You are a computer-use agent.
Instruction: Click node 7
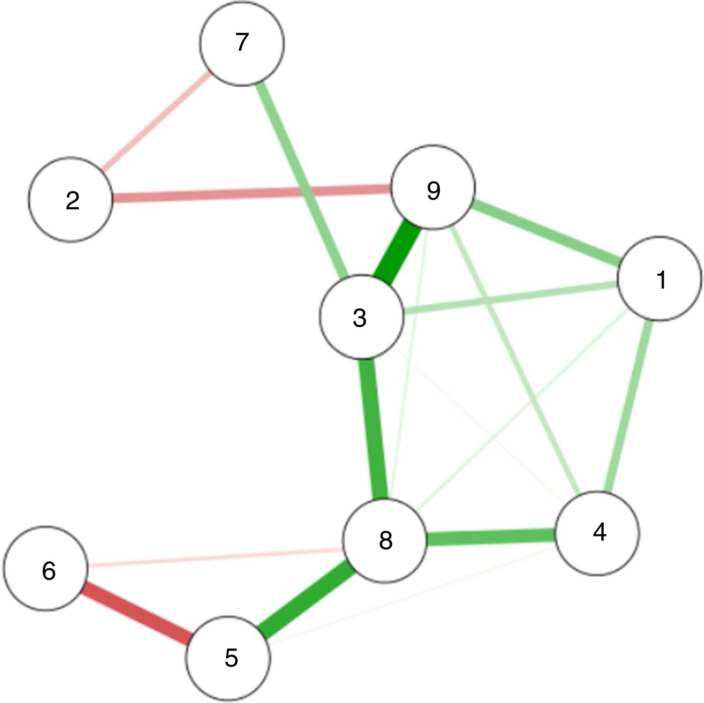(x=242, y=43)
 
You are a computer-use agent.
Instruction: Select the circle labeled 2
(x=71, y=200)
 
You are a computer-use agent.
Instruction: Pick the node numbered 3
(x=360, y=317)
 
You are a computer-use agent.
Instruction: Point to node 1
(x=660, y=279)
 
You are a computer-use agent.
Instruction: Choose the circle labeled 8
(x=385, y=541)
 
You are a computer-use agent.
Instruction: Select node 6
(x=46, y=569)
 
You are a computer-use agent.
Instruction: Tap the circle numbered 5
(x=229, y=657)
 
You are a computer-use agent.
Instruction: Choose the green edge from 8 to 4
(x=490, y=537)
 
